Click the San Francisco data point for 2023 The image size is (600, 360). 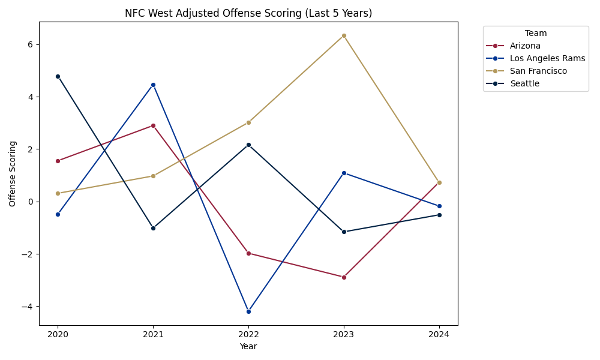344,35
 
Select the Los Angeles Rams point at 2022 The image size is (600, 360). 248,311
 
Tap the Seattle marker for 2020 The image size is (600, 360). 58,76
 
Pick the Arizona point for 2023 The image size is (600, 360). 344,277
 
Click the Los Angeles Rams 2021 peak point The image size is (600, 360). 153,85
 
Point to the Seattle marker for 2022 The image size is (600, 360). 248,145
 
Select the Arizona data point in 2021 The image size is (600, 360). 153,125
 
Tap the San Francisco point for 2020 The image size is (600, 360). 58,193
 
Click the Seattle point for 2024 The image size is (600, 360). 439,215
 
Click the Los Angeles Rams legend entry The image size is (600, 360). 547,58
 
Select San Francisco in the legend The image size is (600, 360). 538,71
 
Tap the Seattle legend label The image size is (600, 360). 524,83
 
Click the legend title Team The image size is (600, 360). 535,34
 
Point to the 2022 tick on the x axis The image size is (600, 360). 248,334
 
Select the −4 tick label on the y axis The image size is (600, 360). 28,306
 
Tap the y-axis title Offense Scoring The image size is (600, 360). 13,173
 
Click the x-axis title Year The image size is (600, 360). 248,346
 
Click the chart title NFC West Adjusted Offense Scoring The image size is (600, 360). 248,13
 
